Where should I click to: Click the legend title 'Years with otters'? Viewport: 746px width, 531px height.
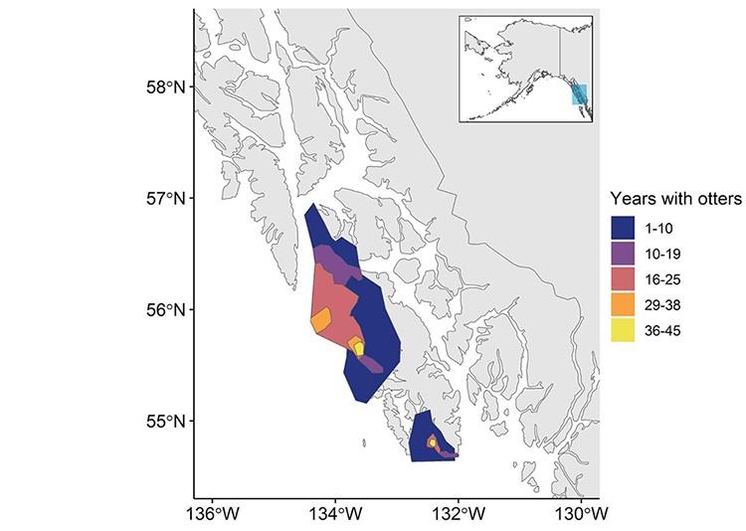coord(675,199)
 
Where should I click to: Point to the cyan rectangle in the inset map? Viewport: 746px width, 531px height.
coord(579,94)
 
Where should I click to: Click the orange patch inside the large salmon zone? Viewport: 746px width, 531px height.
coord(320,321)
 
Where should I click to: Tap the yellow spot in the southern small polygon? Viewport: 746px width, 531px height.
coord(432,442)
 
